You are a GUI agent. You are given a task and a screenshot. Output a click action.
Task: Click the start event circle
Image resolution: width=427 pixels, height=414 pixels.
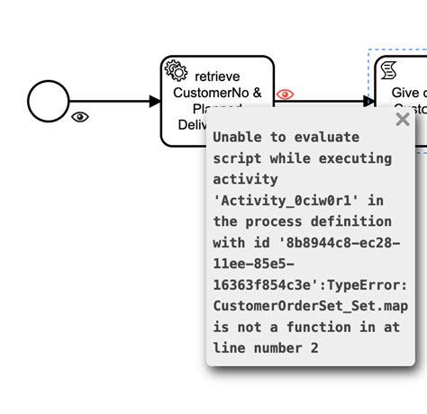click(x=48, y=101)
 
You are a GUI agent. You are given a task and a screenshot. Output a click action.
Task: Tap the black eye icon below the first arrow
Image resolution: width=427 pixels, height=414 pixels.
click(x=80, y=117)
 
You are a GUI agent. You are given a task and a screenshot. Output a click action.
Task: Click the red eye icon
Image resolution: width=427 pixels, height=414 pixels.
click(x=285, y=94)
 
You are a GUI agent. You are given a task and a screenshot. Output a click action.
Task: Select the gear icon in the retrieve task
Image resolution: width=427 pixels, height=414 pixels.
click(x=176, y=72)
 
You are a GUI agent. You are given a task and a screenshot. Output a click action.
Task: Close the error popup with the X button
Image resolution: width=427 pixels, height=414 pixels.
click(x=402, y=119)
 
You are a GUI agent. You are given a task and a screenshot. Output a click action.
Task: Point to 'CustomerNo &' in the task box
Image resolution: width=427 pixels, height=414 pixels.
click(x=217, y=92)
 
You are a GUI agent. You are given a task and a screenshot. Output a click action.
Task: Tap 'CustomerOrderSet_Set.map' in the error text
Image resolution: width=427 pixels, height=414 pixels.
click(x=311, y=306)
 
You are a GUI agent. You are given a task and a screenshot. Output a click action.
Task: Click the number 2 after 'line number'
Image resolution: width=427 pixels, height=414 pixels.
click(x=313, y=347)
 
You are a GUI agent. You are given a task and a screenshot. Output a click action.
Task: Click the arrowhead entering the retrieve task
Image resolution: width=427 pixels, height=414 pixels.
click(x=154, y=101)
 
